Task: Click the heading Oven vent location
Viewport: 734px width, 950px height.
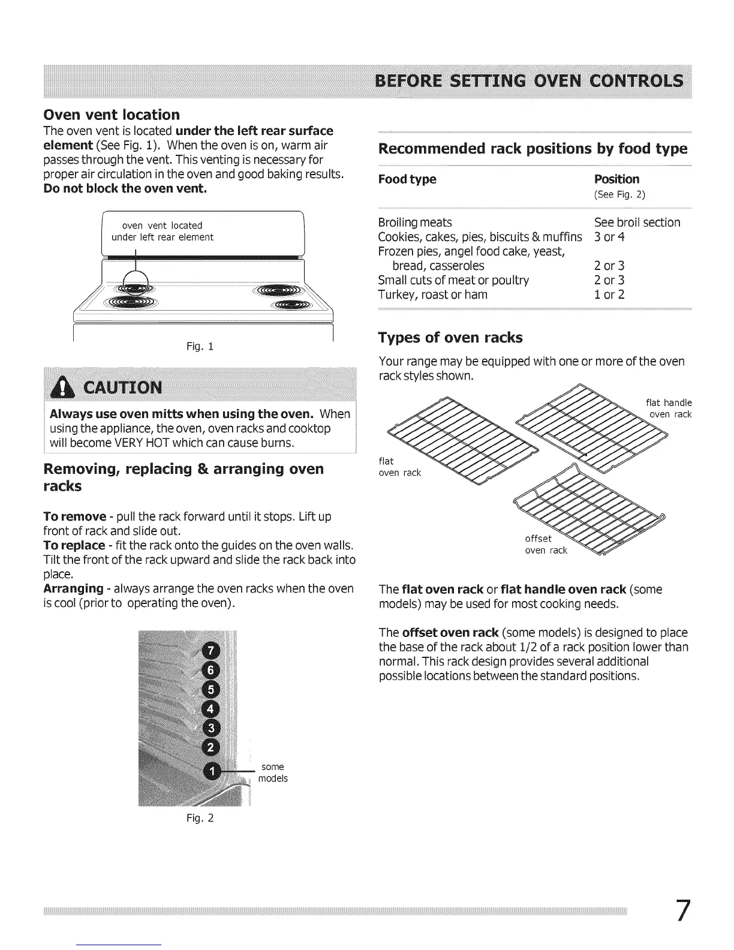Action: (x=112, y=115)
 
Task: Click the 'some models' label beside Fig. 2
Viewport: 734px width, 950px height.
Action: (x=273, y=772)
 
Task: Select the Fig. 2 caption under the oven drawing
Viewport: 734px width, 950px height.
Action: (x=200, y=818)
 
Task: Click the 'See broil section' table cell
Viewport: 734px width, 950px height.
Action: (x=637, y=223)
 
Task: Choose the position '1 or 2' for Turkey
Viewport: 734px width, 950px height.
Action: (x=609, y=294)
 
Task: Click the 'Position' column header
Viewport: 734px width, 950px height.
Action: (x=616, y=179)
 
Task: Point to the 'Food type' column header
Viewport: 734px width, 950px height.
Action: (x=407, y=179)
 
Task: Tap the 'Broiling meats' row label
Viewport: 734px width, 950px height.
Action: (x=415, y=223)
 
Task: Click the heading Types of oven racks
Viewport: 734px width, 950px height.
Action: (x=450, y=338)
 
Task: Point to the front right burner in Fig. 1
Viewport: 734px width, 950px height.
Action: (x=292, y=305)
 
